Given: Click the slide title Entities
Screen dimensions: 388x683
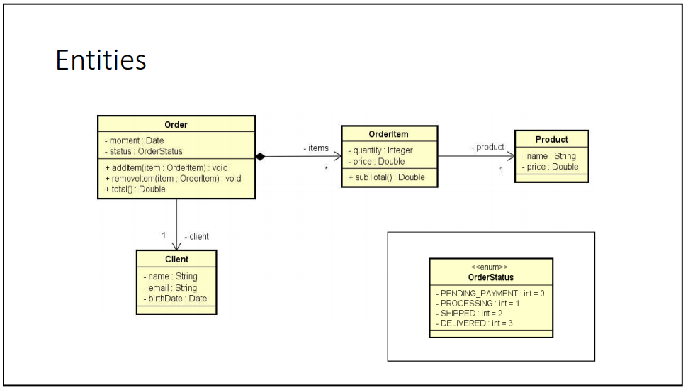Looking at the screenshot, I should tap(101, 60).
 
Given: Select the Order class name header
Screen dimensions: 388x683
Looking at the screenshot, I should tap(176, 125).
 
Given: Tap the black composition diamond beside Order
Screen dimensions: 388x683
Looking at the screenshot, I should tap(260, 157).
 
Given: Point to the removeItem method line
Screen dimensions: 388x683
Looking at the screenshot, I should tap(172, 178).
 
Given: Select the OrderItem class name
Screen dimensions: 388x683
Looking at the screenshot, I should tap(389, 134).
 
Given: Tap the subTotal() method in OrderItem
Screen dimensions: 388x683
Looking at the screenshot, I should tap(386, 177).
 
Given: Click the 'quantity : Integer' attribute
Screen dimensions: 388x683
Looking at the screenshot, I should tap(383, 150).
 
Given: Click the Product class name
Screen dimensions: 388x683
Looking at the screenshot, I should tap(551, 139).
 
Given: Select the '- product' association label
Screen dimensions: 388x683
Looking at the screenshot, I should tap(487, 147).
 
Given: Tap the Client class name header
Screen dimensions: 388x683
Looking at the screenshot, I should tap(176, 260).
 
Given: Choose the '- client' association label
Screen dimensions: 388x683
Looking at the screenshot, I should tap(196, 236).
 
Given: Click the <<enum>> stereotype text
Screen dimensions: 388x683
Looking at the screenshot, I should tap(490, 267).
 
